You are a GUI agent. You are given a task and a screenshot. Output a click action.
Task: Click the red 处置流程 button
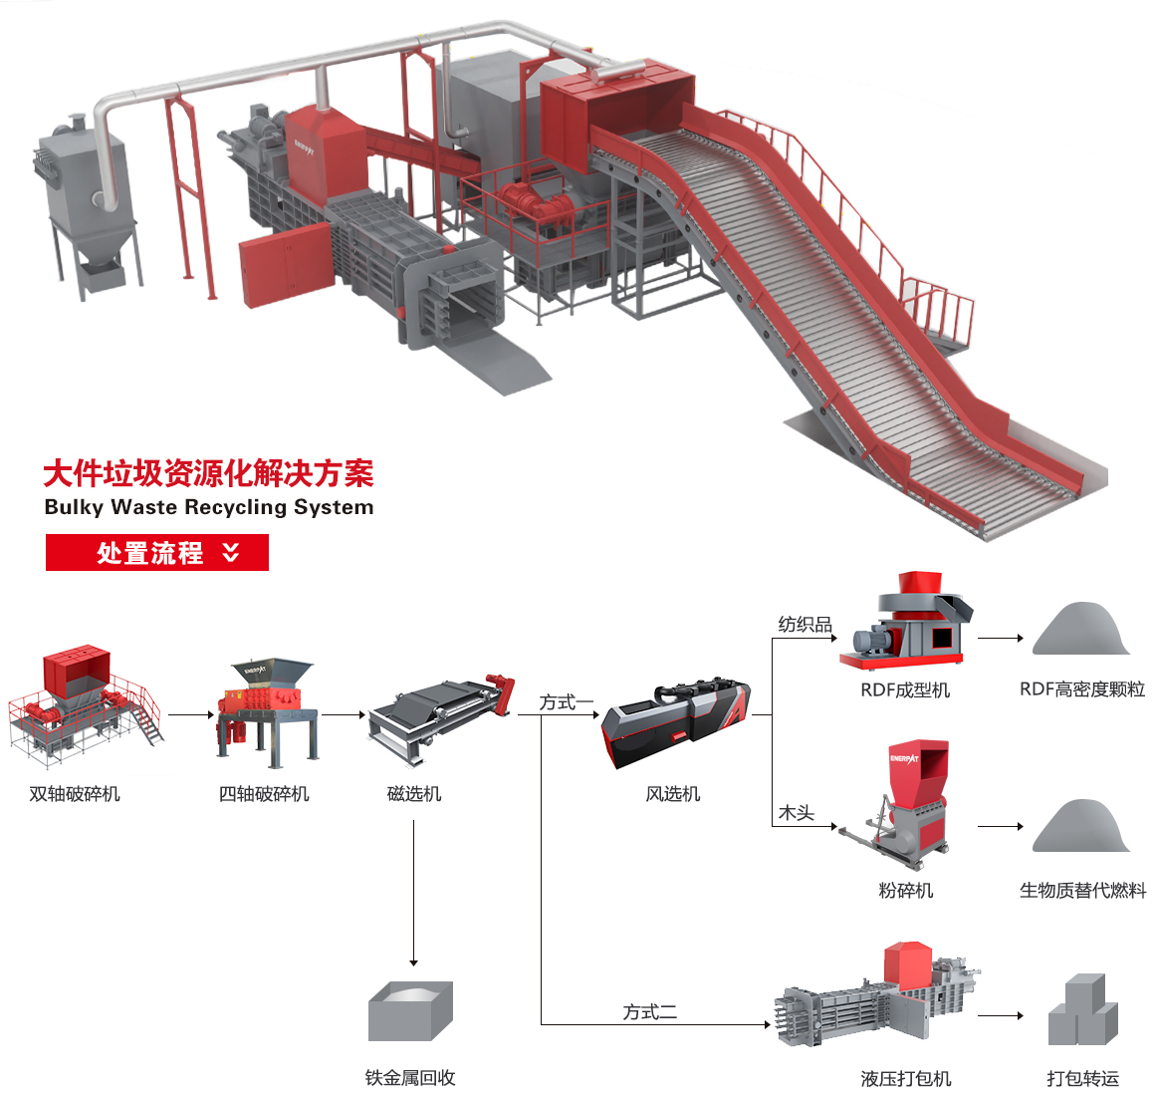click(x=157, y=553)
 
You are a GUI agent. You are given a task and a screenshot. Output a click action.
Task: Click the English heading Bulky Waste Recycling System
click(x=209, y=507)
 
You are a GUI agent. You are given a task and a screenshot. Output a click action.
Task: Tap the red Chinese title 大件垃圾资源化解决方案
click(x=208, y=473)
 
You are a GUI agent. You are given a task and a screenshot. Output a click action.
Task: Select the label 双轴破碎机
click(x=75, y=794)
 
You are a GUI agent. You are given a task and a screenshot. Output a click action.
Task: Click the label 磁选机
click(x=413, y=794)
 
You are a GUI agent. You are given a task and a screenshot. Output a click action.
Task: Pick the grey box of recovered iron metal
click(x=410, y=1010)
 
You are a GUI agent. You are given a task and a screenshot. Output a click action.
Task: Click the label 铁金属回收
click(x=410, y=1078)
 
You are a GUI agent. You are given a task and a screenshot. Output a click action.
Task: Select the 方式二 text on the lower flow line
click(x=649, y=1012)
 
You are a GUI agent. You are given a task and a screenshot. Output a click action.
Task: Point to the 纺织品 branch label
click(x=805, y=625)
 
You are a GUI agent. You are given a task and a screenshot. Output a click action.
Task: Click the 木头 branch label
click(x=796, y=813)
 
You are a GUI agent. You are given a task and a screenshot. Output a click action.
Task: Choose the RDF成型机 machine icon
click(x=905, y=620)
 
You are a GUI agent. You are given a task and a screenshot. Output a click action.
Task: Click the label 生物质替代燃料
click(x=1082, y=891)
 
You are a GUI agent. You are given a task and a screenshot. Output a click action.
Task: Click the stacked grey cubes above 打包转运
click(x=1082, y=1010)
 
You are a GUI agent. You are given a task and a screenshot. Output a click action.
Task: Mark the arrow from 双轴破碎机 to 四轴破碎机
click(x=191, y=714)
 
